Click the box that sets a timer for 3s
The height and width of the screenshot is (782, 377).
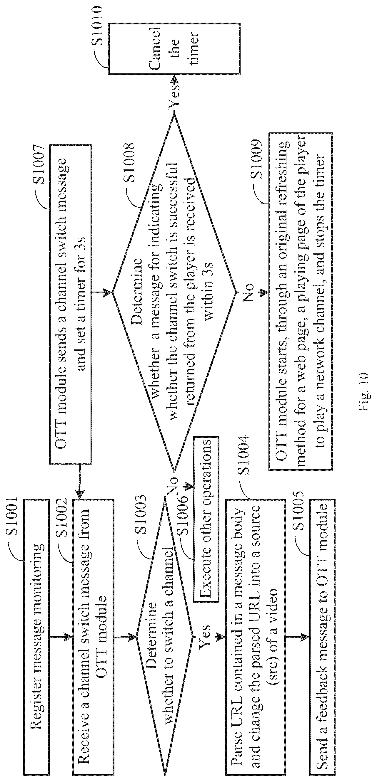pos(70,304)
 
